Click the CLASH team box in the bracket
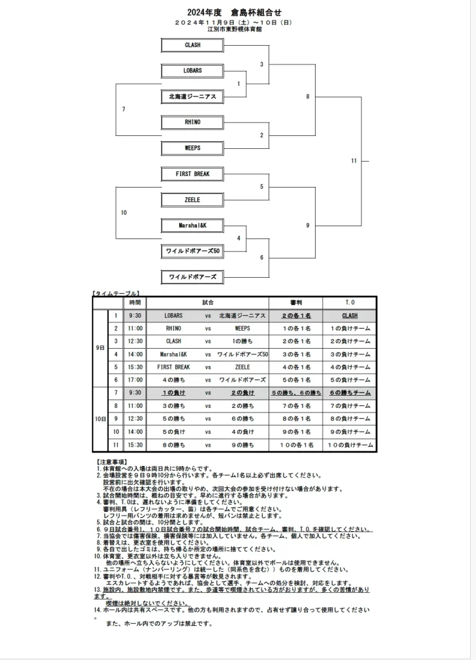click(192, 45)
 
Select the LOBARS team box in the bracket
click(192, 71)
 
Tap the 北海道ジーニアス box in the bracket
click(192, 97)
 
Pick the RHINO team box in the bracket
click(192, 122)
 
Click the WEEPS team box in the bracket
click(192, 148)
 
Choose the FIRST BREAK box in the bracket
click(192, 174)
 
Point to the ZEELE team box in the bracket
click(192, 200)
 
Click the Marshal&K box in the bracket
click(192, 226)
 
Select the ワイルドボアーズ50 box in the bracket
click(192, 251)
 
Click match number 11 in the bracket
click(354, 160)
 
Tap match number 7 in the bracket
click(123, 110)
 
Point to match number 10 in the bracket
click(124, 213)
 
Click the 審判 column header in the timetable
click(296, 302)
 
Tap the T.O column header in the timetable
click(349, 302)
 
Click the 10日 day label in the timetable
click(100, 419)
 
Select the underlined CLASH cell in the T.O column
click(349, 316)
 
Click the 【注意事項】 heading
click(114, 462)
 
